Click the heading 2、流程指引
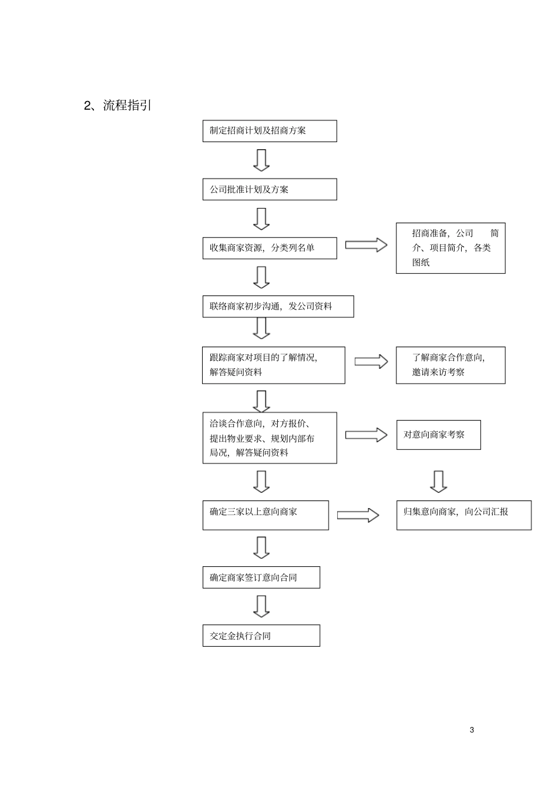click(118, 106)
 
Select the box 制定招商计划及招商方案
click(270, 131)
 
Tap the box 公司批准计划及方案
click(270, 189)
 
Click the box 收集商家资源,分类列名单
click(270, 248)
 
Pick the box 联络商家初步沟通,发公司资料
click(278, 307)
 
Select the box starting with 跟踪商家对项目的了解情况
click(273, 365)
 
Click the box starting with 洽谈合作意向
click(270, 438)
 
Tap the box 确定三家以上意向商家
click(265, 515)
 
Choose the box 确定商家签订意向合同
click(261, 577)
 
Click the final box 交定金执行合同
click(261, 636)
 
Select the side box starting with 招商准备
click(451, 248)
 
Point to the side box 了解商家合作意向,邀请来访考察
click(451, 365)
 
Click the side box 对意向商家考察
click(438, 435)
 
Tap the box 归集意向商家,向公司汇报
click(463, 515)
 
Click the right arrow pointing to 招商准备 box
click(366, 245)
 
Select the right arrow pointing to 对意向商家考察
click(366, 435)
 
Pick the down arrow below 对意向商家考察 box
click(438, 481)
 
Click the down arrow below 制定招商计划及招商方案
click(261, 160)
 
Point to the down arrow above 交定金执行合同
click(261, 606)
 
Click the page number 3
click(472, 730)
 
